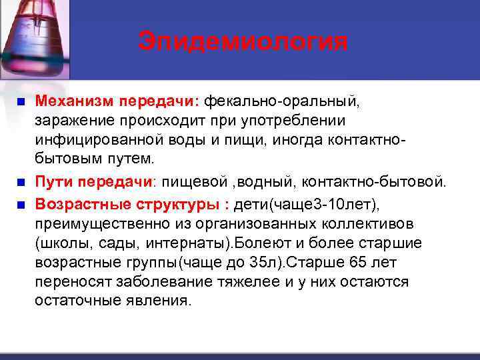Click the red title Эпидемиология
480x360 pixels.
pos(243,41)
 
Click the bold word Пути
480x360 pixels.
pos(54,181)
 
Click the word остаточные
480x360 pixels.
pos(77,301)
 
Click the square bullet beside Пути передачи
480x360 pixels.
pos(20,182)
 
